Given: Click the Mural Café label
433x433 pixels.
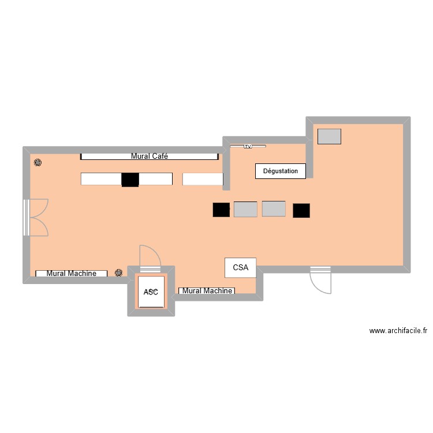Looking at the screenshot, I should pos(150,156).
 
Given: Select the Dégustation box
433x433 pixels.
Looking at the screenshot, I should pos(281,171).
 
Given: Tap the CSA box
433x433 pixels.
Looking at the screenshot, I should pos(240,267).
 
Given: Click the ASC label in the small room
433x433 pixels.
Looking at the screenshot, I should pos(151,292).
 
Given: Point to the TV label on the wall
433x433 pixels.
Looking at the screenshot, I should pos(248,147).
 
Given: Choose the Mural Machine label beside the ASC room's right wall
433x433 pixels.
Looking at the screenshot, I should pos(207,291).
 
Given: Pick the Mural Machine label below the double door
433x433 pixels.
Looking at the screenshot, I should pos(71,274).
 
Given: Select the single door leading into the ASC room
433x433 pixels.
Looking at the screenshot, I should pos(150,257).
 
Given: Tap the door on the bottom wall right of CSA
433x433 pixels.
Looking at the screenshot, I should pos(320,281).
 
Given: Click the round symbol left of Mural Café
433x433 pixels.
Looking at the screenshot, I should pos(38,163).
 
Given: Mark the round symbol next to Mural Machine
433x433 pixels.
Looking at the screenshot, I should pos(119,273).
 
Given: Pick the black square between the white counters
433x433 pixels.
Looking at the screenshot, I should pos(130,180).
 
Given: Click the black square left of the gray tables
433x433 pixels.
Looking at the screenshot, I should pos(221,210).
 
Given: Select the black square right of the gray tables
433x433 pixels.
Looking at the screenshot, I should pos(301,211).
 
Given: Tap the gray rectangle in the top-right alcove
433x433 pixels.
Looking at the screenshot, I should pos(329,136).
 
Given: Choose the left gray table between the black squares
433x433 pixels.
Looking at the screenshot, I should pos(245,209).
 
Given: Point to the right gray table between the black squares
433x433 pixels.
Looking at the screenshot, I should pos(274,208).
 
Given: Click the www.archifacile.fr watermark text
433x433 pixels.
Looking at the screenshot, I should pos(398,331).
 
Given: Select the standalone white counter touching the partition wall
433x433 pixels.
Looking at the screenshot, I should pos(203,180).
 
